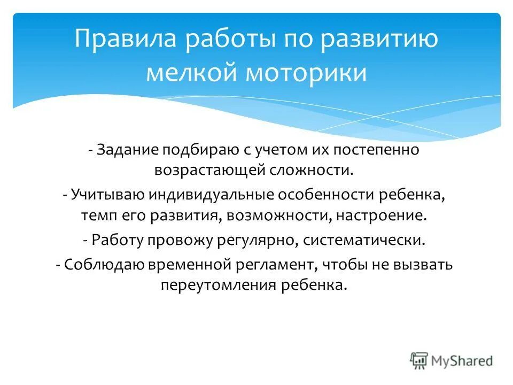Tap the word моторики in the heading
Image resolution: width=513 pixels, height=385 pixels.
click(306, 73)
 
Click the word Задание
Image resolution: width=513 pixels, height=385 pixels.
click(125, 151)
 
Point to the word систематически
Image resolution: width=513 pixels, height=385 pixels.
click(364, 239)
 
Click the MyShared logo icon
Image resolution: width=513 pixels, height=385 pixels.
click(419, 360)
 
